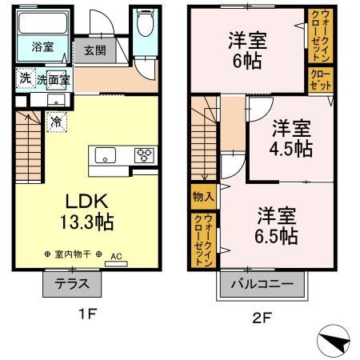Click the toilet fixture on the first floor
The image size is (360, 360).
tap(146, 22)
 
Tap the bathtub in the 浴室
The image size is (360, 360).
tap(43, 23)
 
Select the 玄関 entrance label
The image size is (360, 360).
tap(95, 50)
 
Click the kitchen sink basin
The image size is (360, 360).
tap(106, 154)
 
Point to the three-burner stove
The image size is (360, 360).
tap(144, 155)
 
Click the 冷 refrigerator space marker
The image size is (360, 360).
tap(57, 122)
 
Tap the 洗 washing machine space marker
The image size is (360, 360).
tap(26, 78)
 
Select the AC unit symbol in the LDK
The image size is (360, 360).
tap(116, 264)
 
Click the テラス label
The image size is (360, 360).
tap(72, 283)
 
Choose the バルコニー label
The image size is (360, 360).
tap(262, 284)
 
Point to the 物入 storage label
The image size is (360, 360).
tap(203, 197)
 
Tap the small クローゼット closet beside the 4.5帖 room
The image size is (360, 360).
tap(321, 80)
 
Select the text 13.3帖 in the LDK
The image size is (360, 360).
tap(87, 222)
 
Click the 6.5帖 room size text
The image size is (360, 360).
tap(276, 236)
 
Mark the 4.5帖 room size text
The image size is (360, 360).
tap(291, 148)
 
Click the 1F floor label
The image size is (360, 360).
tap(87, 314)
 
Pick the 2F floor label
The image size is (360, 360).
tap(262, 318)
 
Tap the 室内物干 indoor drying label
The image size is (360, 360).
tap(73, 254)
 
